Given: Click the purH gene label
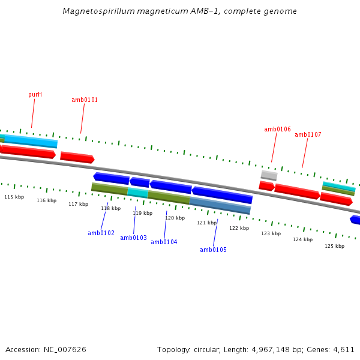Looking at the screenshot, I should (35, 95).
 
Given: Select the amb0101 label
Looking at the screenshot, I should (85, 100).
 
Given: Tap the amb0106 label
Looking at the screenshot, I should (277, 130).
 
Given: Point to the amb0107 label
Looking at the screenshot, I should (308, 135).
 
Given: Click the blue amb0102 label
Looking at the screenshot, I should (101, 233).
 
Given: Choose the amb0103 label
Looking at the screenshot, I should (133, 238).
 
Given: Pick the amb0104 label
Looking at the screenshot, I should (164, 242).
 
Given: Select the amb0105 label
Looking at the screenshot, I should (213, 250).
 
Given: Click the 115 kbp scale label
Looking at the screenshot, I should (14, 197).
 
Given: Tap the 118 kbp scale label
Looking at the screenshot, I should (110, 209).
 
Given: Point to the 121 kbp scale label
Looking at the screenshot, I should (206, 223).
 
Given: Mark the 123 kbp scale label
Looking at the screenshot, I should (271, 233).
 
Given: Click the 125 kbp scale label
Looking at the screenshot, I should (334, 246).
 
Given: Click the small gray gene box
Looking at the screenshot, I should (269, 175).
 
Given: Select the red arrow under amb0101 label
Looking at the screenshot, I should (77, 158).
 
